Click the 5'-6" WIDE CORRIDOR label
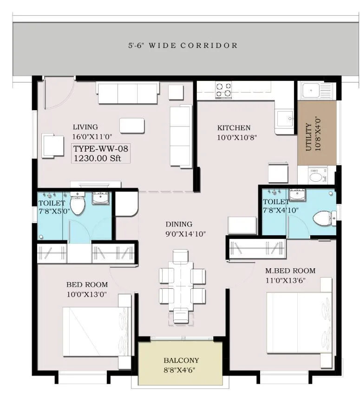183,46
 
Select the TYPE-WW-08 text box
100,153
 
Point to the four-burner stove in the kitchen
223,89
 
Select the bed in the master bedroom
299,322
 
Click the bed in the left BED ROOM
97,332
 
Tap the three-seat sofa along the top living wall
127,93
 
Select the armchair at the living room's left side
53,146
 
